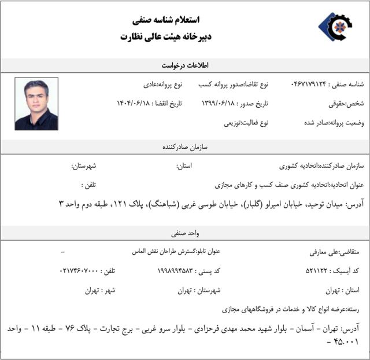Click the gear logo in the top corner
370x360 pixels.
pyautogui.click(x=335, y=27)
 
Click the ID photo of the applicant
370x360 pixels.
pyautogui.click(x=36, y=104)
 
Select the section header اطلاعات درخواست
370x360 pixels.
pyautogui.click(x=185, y=65)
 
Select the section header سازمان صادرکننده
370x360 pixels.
pyautogui.click(x=185, y=147)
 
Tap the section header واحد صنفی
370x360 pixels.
pyautogui.click(x=185, y=234)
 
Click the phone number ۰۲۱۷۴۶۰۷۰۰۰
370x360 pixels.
pyautogui.click(x=79, y=271)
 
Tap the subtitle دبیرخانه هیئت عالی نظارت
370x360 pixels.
pyautogui.click(x=167, y=36)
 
